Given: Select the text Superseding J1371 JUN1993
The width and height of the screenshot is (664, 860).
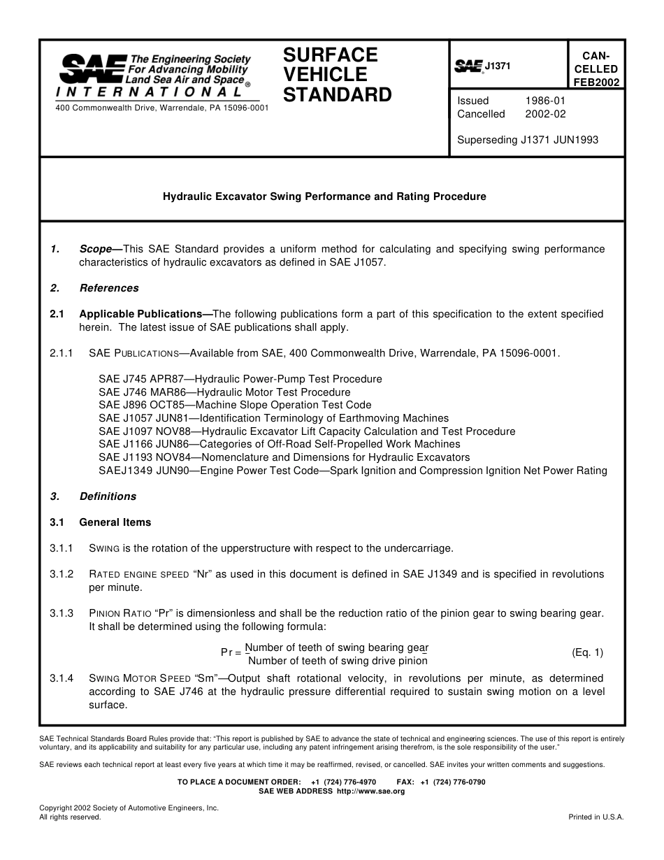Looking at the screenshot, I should [x=528, y=140].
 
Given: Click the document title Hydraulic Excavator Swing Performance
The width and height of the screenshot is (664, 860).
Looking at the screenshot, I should [x=324, y=197].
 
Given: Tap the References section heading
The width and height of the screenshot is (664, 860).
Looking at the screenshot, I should [x=109, y=288].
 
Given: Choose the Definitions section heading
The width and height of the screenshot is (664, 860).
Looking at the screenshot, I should [x=108, y=496].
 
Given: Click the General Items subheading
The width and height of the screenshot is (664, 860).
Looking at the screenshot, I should [x=115, y=522].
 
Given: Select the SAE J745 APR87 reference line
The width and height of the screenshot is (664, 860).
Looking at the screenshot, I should [x=240, y=379].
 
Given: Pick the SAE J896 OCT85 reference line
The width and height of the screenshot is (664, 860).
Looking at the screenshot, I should [x=235, y=405].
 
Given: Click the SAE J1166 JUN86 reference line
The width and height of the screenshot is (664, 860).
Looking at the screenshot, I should [x=280, y=444].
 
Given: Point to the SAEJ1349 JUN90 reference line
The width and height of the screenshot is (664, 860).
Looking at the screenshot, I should [x=352, y=471].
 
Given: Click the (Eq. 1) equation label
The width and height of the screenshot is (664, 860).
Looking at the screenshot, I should [x=587, y=653].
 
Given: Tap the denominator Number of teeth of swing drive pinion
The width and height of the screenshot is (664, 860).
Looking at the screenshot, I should [x=338, y=661].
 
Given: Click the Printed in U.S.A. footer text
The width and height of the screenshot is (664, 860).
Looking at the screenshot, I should [x=596, y=817].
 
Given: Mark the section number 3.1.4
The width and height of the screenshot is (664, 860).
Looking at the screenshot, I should [x=62, y=678].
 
